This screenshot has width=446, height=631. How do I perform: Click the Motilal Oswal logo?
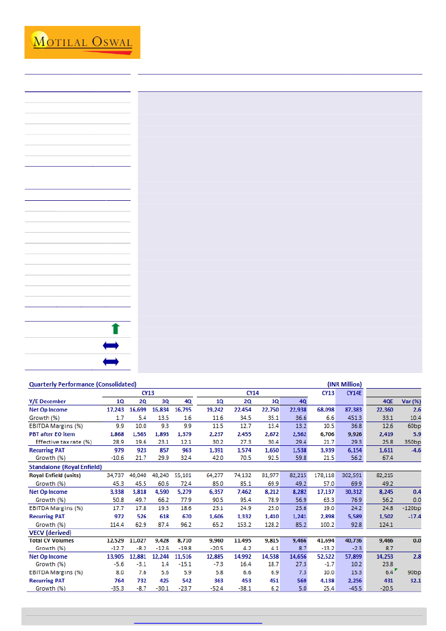[82, 42]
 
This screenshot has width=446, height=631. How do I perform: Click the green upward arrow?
[114, 329]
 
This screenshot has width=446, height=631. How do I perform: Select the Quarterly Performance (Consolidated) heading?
[83, 384]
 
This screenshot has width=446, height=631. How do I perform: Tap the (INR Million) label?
[340, 384]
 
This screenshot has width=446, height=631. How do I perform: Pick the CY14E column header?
[351, 392]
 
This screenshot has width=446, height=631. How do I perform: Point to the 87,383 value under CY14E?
[350, 410]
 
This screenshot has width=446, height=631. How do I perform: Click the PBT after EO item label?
[52, 434]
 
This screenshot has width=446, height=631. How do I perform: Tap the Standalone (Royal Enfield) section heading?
[65, 467]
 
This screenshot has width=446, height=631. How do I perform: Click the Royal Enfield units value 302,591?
[350, 475]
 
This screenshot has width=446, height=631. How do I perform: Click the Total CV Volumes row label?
[52, 540]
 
